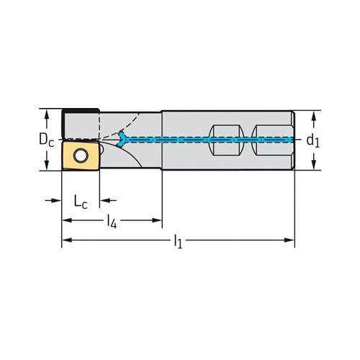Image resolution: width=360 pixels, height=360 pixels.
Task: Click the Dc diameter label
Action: click(47, 140)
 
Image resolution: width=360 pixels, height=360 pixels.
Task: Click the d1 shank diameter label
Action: click(313, 140)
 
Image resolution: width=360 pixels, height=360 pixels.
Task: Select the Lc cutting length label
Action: click(81, 202)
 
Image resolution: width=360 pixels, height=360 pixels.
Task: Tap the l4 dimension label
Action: click(112, 221)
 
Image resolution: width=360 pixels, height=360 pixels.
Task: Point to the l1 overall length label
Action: click(178, 241)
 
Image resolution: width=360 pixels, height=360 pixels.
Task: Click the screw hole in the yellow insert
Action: click(81, 156)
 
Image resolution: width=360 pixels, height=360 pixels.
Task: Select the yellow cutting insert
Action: click(81, 156)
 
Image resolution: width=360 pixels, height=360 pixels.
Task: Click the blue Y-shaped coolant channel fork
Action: click(122, 139)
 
